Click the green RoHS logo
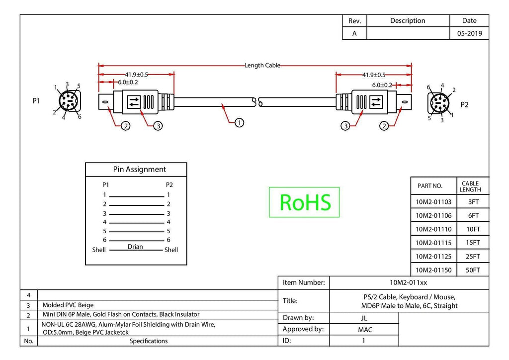pyautogui.click(x=304, y=202)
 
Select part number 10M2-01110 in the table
pyautogui.click(x=433, y=229)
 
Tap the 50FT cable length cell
pyautogui.click(x=473, y=270)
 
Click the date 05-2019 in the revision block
pyautogui.click(x=469, y=33)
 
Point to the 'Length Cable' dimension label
pyautogui.click(x=262, y=65)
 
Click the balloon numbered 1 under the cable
pyautogui.click(x=239, y=123)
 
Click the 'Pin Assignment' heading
pyautogui.click(x=139, y=170)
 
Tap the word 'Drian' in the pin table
pyautogui.click(x=135, y=247)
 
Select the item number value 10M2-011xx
pyautogui.click(x=409, y=283)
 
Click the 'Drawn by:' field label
pyautogui.click(x=298, y=317)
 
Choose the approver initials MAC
pyautogui.click(x=365, y=330)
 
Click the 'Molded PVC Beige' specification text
pyautogui.click(x=68, y=305)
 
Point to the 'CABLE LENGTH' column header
pyautogui.click(x=470, y=186)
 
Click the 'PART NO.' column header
pyautogui.click(x=430, y=186)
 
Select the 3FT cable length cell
pyautogui.click(x=473, y=202)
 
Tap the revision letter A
pyautogui.click(x=354, y=33)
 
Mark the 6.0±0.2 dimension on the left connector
pyautogui.click(x=128, y=82)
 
